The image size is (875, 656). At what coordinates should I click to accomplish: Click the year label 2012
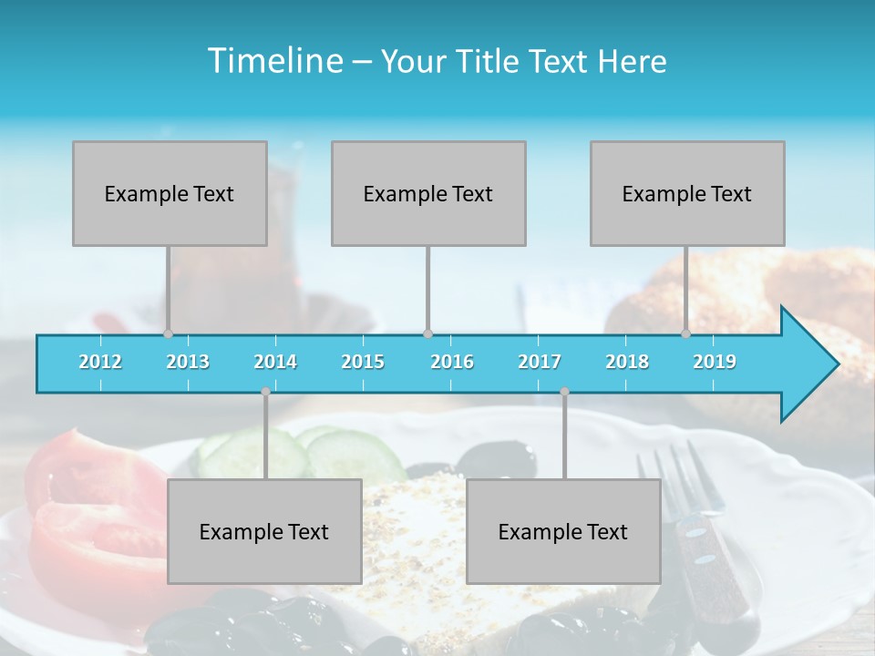100,362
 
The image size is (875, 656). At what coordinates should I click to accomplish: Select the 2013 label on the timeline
188,362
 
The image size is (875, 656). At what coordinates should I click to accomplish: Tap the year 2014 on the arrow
275,362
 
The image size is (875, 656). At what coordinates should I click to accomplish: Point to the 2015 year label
363,362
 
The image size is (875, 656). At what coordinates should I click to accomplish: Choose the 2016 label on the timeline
452,362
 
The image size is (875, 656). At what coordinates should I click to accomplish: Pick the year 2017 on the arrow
540,362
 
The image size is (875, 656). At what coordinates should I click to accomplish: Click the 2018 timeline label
627,362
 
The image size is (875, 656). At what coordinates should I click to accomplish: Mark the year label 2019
715,362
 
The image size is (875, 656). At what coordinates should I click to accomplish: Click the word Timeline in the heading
273,61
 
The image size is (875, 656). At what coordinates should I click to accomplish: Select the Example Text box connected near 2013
170,193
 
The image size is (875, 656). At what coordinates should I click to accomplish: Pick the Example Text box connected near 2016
428,193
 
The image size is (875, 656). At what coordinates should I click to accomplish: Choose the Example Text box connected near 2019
687,193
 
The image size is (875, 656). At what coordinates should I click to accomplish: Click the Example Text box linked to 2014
264,531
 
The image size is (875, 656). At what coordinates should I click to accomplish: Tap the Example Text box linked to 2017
563,531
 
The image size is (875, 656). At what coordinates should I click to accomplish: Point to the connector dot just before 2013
168,333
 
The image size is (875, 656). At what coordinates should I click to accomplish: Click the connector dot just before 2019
686,333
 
